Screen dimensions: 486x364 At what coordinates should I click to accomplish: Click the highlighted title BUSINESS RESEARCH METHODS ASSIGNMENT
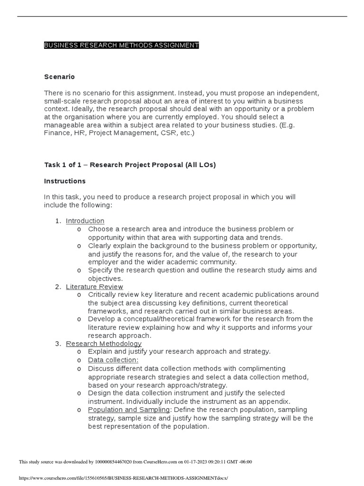pos(121,45)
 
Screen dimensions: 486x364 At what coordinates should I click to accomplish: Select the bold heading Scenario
pos(59,76)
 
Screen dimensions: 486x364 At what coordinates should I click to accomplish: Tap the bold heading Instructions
pos(65,181)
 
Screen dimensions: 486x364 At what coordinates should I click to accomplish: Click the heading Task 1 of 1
pos(64,165)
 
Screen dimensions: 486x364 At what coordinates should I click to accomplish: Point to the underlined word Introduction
pos(85,221)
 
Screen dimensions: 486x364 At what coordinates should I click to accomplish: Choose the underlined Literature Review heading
pos(94,287)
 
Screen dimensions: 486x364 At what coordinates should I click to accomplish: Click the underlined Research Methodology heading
pos(103,344)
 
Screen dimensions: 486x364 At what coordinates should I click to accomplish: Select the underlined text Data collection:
pos(113,360)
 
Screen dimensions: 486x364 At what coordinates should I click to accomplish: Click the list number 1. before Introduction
pos(58,221)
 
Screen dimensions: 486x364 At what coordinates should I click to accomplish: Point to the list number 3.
pos(58,344)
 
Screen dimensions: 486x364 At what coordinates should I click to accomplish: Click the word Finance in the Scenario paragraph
pos(56,133)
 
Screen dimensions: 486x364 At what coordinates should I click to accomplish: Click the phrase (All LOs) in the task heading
pos(200,165)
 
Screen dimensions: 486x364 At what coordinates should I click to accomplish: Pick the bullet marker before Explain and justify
pos(79,352)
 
